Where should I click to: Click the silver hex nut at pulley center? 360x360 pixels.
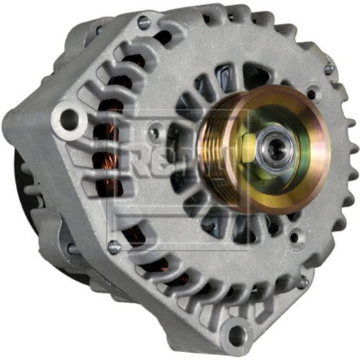coord(275,149)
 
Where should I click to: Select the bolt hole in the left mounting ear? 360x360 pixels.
coord(69,118)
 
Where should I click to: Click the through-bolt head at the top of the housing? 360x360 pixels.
coord(143,22)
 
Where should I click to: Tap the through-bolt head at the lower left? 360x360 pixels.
coord(114,246)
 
